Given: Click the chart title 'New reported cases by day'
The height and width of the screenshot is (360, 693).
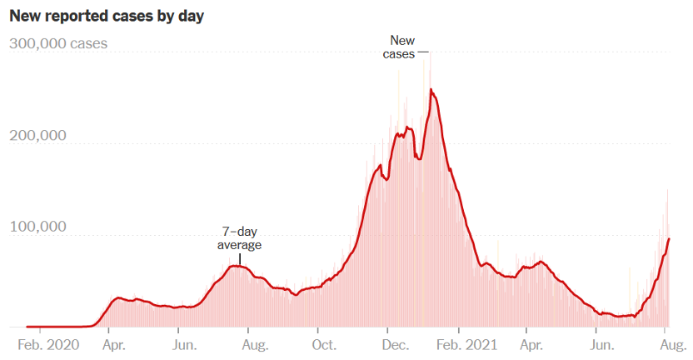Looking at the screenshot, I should click(107, 16).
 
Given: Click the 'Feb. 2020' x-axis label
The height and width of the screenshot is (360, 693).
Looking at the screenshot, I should click(48, 344).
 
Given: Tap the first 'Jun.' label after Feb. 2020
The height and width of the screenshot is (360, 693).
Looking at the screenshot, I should click(184, 344).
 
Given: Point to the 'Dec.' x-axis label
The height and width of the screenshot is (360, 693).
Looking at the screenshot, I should click(394, 344).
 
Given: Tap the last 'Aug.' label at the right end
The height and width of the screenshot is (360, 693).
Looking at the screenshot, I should click(668, 344).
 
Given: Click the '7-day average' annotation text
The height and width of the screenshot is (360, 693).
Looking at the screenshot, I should click(239, 238).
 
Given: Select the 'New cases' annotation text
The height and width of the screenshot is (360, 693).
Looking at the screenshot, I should click(401, 47).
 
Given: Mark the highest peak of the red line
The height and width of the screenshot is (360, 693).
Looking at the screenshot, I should click(431, 89).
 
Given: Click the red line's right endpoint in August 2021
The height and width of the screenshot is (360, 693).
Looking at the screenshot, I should click(669, 239).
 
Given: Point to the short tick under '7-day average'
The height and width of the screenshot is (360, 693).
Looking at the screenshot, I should click(240, 259).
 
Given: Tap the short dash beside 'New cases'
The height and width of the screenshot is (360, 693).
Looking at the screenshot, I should click(424, 52).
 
